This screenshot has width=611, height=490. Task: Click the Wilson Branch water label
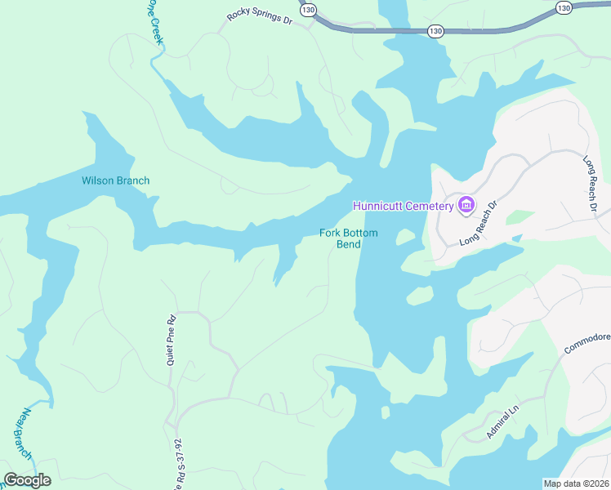[115, 180]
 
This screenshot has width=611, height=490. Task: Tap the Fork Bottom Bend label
[349, 238]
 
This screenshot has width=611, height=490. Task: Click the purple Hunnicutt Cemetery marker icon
[466, 204]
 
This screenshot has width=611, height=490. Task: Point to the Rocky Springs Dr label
[259, 17]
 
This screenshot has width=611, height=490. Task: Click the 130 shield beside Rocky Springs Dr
[307, 10]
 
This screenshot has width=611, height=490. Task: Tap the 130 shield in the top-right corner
[564, 7]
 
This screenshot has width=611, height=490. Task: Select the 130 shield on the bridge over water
[435, 31]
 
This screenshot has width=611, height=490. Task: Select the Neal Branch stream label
[22, 433]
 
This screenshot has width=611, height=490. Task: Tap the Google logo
[27, 480]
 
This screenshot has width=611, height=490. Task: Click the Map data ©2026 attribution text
[575, 483]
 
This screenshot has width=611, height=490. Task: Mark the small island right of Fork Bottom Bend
[404, 237]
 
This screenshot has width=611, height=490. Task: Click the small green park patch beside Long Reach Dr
[519, 217]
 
